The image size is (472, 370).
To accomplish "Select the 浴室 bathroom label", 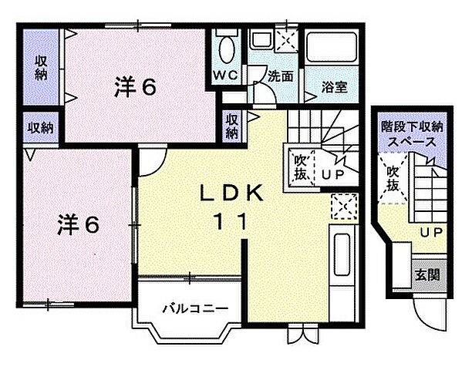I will (x=335, y=87).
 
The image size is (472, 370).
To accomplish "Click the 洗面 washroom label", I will (x=280, y=76).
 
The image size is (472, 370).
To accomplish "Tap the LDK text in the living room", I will (x=229, y=193).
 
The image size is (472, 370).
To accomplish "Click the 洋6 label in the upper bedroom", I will (x=136, y=87).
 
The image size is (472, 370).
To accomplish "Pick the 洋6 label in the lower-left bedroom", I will (x=78, y=224).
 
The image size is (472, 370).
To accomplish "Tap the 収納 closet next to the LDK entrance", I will (x=232, y=126).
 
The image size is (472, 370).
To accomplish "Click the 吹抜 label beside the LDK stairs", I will (x=301, y=167).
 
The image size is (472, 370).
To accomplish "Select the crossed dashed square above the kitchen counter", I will (x=341, y=204).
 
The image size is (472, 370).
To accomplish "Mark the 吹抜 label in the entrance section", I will (x=393, y=180).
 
